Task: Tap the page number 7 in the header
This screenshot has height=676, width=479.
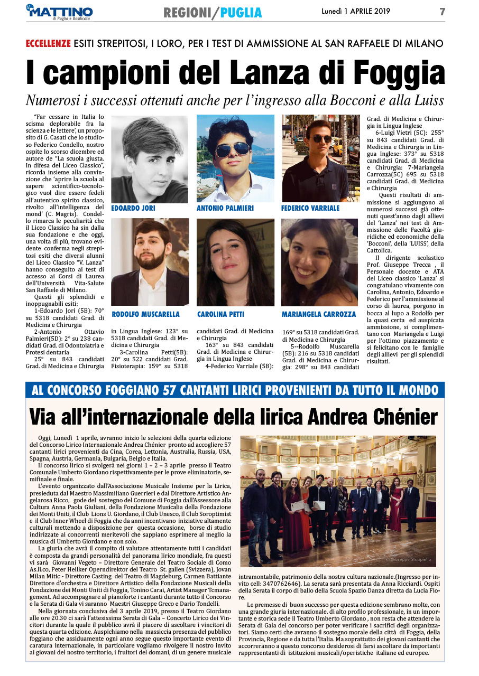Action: point(442,12)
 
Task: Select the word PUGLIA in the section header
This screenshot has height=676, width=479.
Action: point(241,12)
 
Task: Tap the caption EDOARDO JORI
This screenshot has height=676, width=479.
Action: point(133,209)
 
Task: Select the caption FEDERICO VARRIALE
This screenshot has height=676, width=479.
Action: point(311,209)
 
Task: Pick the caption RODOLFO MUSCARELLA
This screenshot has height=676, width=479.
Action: point(146,314)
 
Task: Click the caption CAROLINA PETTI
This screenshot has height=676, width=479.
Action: point(221,314)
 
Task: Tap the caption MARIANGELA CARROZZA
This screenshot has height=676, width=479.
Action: point(319,314)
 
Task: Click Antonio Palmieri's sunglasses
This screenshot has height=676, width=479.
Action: point(233,149)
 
